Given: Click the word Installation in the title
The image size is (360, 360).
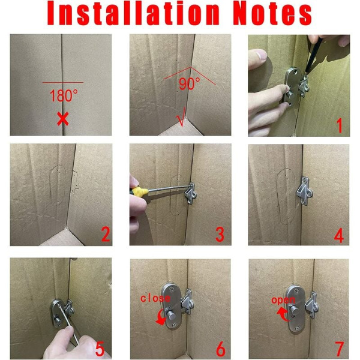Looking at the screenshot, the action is [x=133, y=13].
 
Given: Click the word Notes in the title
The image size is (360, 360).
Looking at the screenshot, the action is [x=272, y=14].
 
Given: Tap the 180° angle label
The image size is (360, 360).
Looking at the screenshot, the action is [x=64, y=95].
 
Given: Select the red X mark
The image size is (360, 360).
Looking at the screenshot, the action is [x=62, y=119].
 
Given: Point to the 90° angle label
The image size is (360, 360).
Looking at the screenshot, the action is [x=190, y=83].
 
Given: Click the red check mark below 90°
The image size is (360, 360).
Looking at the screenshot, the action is [x=181, y=117].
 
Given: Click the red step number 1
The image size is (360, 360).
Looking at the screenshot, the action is [x=340, y=125].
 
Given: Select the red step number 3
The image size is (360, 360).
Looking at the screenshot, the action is [x=220, y=235].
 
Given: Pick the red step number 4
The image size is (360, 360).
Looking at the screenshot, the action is [x=339, y=235].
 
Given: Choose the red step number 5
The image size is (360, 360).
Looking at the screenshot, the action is [x=100, y=349].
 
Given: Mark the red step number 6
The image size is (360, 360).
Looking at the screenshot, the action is [x=221, y=349].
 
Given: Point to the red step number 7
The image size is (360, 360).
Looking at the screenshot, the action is [x=340, y=349].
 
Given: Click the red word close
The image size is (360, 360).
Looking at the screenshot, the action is [x=155, y=298].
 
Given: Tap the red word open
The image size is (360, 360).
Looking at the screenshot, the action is [x=283, y=300].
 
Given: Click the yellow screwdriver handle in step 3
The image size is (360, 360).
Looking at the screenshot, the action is [x=139, y=191].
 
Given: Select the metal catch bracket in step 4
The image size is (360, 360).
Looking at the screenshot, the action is [x=304, y=191].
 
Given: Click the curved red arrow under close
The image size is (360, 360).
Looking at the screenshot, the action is [x=161, y=317].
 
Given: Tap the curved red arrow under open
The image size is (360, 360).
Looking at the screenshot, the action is [x=283, y=314].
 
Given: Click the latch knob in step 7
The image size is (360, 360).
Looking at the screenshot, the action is [x=294, y=311].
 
